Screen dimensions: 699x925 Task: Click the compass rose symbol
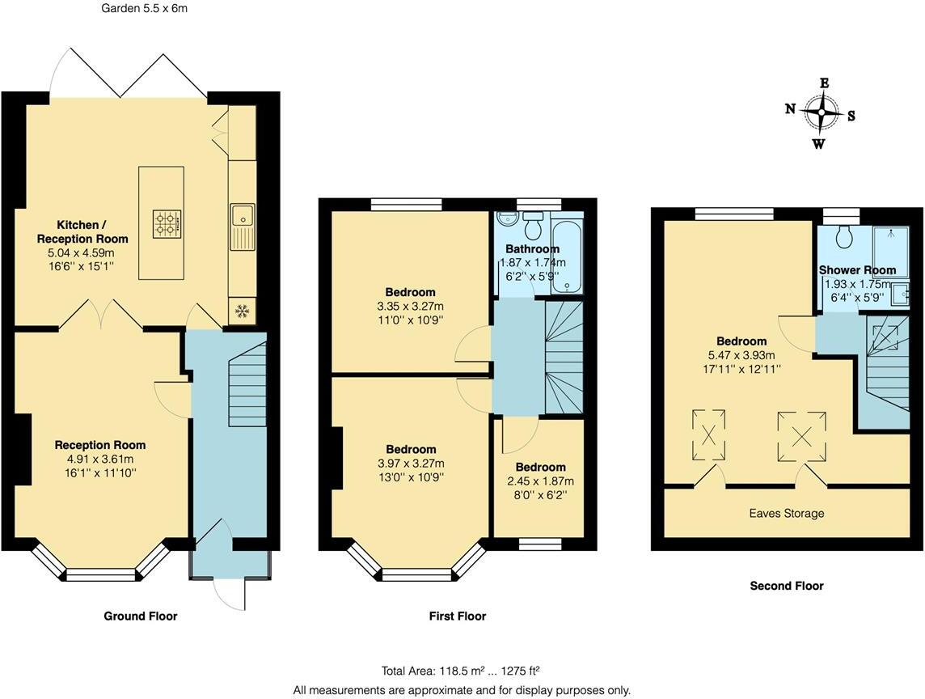[821, 113]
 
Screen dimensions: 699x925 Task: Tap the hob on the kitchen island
[168, 223]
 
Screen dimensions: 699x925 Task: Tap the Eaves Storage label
[786, 513]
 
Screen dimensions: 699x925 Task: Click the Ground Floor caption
[140, 616]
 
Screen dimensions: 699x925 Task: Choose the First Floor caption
[457, 616]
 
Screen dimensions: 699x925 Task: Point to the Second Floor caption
[786, 585]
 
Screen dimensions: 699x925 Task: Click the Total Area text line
[461, 671]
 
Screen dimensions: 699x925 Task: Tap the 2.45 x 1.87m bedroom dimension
[540, 481]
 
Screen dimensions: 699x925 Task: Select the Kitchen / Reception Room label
[81, 231]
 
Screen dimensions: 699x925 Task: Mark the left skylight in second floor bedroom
[708, 434]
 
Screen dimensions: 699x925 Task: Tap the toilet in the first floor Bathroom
[533, 221]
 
